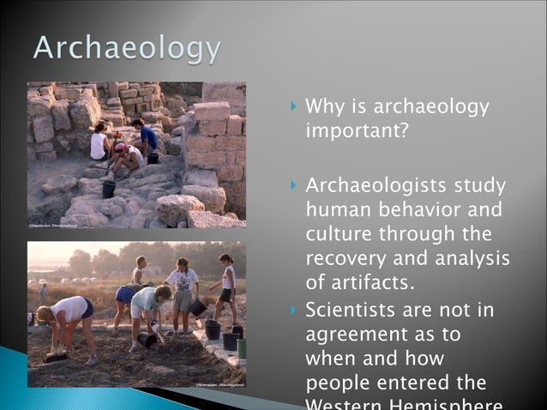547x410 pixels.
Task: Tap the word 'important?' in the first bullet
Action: [x=350, y=132]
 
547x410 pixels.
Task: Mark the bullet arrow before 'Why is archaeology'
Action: [x=293, y=108]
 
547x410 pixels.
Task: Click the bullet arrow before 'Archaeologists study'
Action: [x=293, y=185]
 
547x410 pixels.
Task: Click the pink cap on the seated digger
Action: [x=120, y=148]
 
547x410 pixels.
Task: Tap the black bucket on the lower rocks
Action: [x=109, y=189]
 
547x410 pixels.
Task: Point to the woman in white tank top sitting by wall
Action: [x=99, y=142]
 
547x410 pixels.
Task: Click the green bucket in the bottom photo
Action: [x=242, y=347]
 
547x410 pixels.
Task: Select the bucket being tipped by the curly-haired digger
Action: [x=147, y=340]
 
